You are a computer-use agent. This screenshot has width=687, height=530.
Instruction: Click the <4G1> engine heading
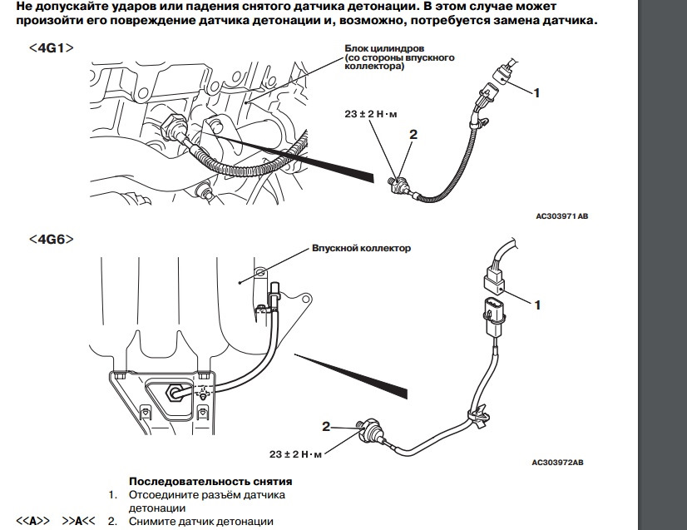(52, 48)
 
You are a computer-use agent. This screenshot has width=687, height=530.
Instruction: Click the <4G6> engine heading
(52, 239)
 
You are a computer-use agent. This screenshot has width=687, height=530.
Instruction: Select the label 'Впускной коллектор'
(361, 248)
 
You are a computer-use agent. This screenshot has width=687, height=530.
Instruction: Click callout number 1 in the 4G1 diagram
(536, 93)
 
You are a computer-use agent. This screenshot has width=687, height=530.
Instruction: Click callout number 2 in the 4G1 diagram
(413, 133)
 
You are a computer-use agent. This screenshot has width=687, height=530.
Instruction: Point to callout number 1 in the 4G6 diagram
(537, 305)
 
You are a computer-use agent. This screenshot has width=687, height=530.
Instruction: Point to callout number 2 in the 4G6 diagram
(327, 427)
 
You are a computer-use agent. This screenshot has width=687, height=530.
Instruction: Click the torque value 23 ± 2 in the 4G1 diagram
(371, 114)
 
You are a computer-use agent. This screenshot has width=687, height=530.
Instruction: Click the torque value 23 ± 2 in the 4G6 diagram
(295, 454)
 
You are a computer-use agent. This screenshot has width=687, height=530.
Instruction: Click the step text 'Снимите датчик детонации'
(201, 522)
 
